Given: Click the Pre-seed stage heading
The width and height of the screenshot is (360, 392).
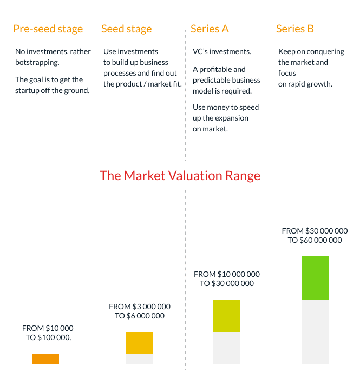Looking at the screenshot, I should click(x=48, y=29).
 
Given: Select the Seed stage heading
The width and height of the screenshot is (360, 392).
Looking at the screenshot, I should click(x=126, y=29).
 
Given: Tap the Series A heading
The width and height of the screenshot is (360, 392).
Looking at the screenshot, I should click(x=210, y=29).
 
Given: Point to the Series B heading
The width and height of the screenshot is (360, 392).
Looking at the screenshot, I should click(x=295, y=29).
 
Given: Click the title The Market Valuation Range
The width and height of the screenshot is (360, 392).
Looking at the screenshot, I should click(x=180, y=176).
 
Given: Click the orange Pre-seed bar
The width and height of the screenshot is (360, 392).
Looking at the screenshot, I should click(x=45, y=358).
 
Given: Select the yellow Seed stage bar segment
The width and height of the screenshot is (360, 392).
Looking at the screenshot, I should click(x=139, y=343).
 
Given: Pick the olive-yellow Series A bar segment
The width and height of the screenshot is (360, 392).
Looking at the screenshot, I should click(x=227, y=316).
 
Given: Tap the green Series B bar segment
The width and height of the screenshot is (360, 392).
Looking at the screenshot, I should click(x=315, y=278).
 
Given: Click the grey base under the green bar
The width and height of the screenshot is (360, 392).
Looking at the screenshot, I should click(x=315, y=331).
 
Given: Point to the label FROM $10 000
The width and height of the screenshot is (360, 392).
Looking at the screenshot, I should click(x=48, y=328).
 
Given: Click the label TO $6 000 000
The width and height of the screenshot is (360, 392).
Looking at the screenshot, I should click(x=140, y=316).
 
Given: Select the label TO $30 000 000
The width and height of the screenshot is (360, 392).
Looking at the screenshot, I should click(x=227, y=283).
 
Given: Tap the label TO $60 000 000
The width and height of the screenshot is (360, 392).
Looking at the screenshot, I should click(x=315, y=240).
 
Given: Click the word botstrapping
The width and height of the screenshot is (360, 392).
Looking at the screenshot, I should click(x=37, y=63).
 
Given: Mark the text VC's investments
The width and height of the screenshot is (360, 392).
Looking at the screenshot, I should click(x=222, y=52).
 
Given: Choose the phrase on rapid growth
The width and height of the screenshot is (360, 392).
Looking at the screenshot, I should click(x=305, y=84).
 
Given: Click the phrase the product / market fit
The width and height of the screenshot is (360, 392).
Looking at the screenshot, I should click(x=142, y=84).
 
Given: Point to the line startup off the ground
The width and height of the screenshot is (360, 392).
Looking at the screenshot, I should click(x=52, y=91).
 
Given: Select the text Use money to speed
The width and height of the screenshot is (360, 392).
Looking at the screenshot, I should click(x=226, y=107).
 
